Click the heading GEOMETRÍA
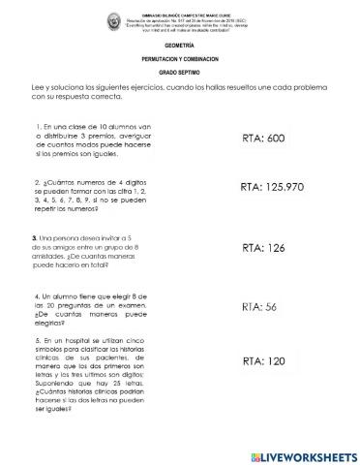tap(180, 46)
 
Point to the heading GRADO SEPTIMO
tap(180, 73)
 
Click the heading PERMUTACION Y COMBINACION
tap(180, 59)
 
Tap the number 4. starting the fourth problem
tap(36, 294)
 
